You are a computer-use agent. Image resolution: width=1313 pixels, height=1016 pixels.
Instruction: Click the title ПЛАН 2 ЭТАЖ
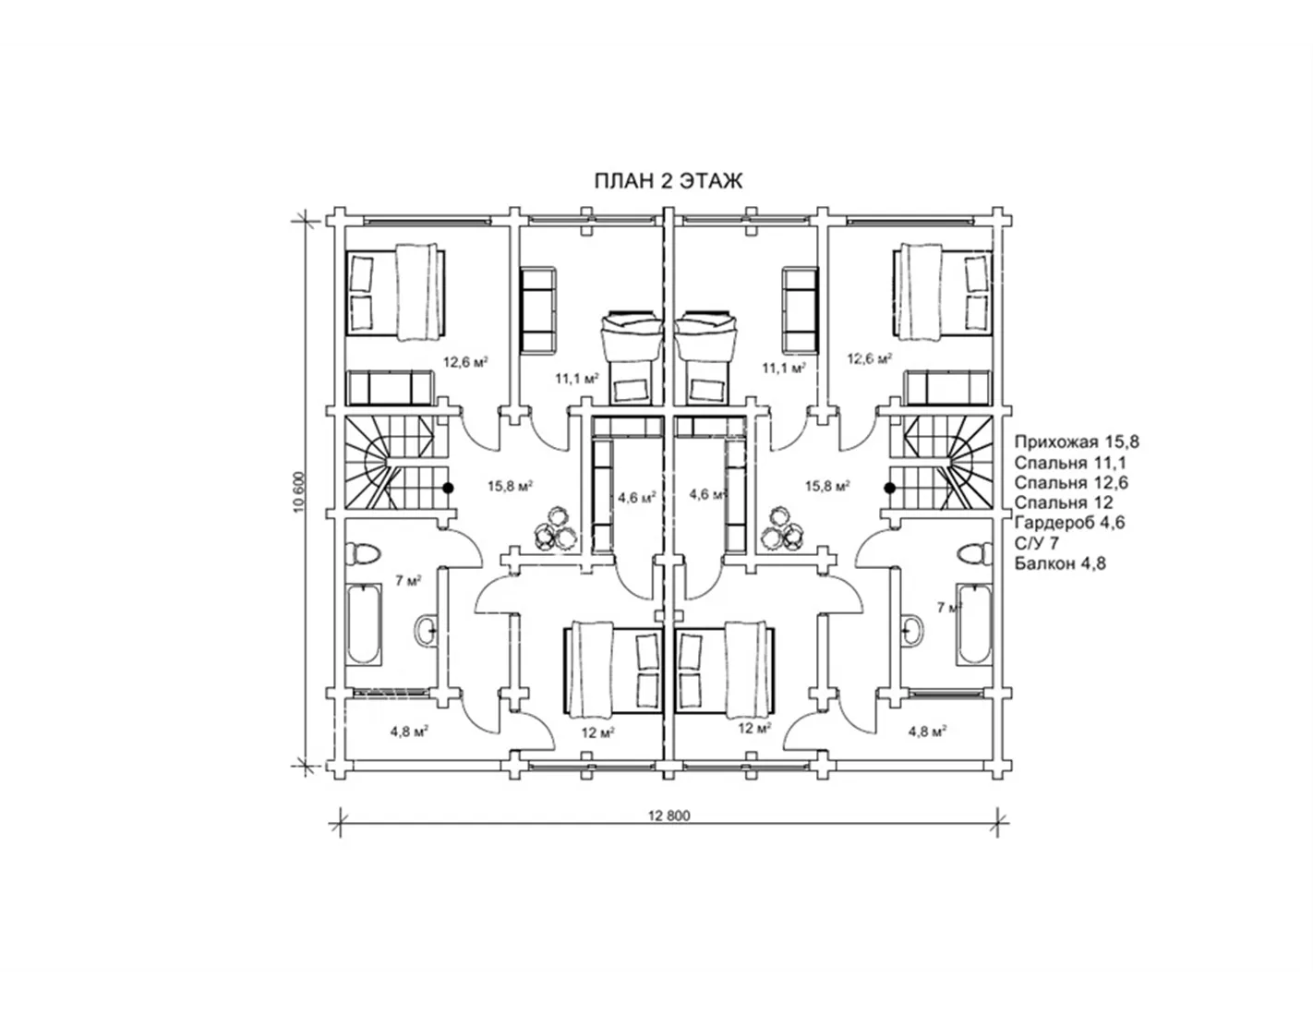[x=669, y=181]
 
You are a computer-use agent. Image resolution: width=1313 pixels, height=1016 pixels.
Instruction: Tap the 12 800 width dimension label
[x=669, y=816]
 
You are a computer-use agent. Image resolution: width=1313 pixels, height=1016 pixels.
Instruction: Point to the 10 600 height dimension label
[x=300, y=491]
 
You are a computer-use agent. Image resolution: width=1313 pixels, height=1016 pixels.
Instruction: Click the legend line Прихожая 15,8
[x=1077, y=441]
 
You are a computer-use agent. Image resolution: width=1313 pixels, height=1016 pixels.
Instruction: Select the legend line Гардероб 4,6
[x=1069, y=522]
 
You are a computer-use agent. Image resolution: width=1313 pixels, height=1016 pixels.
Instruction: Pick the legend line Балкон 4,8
[x=1060, y=563]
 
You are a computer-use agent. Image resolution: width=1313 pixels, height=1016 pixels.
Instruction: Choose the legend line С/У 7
[x=1037, y=543]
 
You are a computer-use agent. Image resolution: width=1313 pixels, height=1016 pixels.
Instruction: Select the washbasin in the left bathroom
[x=426, y=631]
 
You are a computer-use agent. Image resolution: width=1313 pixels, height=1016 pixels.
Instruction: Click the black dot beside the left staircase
[x=449, y=488]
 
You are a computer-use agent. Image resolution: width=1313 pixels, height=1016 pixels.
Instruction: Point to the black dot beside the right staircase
[x=889, y=488]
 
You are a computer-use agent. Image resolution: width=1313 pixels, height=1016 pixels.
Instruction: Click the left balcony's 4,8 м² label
[x=410, y=732]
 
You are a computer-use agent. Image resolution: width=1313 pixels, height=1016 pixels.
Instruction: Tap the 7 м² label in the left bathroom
[x=408, y=581]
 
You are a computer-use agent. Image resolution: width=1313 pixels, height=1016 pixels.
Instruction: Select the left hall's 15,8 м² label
[x=510, y=485]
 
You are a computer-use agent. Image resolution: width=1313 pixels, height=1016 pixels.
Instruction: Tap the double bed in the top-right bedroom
[x=943, y=292]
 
